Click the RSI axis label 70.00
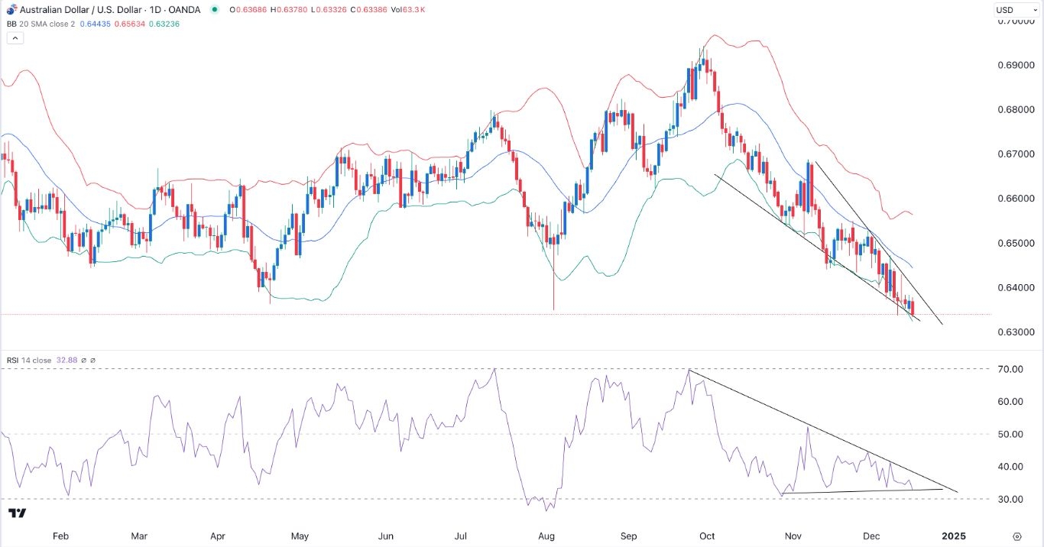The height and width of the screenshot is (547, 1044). coord(1010,369)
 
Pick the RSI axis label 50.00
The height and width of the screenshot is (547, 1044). coord(1010,434)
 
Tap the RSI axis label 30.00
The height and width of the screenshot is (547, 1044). coord(1010,499)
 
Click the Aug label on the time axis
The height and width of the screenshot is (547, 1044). coord(546,536)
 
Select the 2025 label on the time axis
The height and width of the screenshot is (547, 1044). coord(953,536)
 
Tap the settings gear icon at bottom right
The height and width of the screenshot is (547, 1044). coord(1017,536)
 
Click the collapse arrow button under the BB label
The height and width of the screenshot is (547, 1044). coord(15,37)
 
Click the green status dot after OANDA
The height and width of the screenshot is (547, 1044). coord(215,10)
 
